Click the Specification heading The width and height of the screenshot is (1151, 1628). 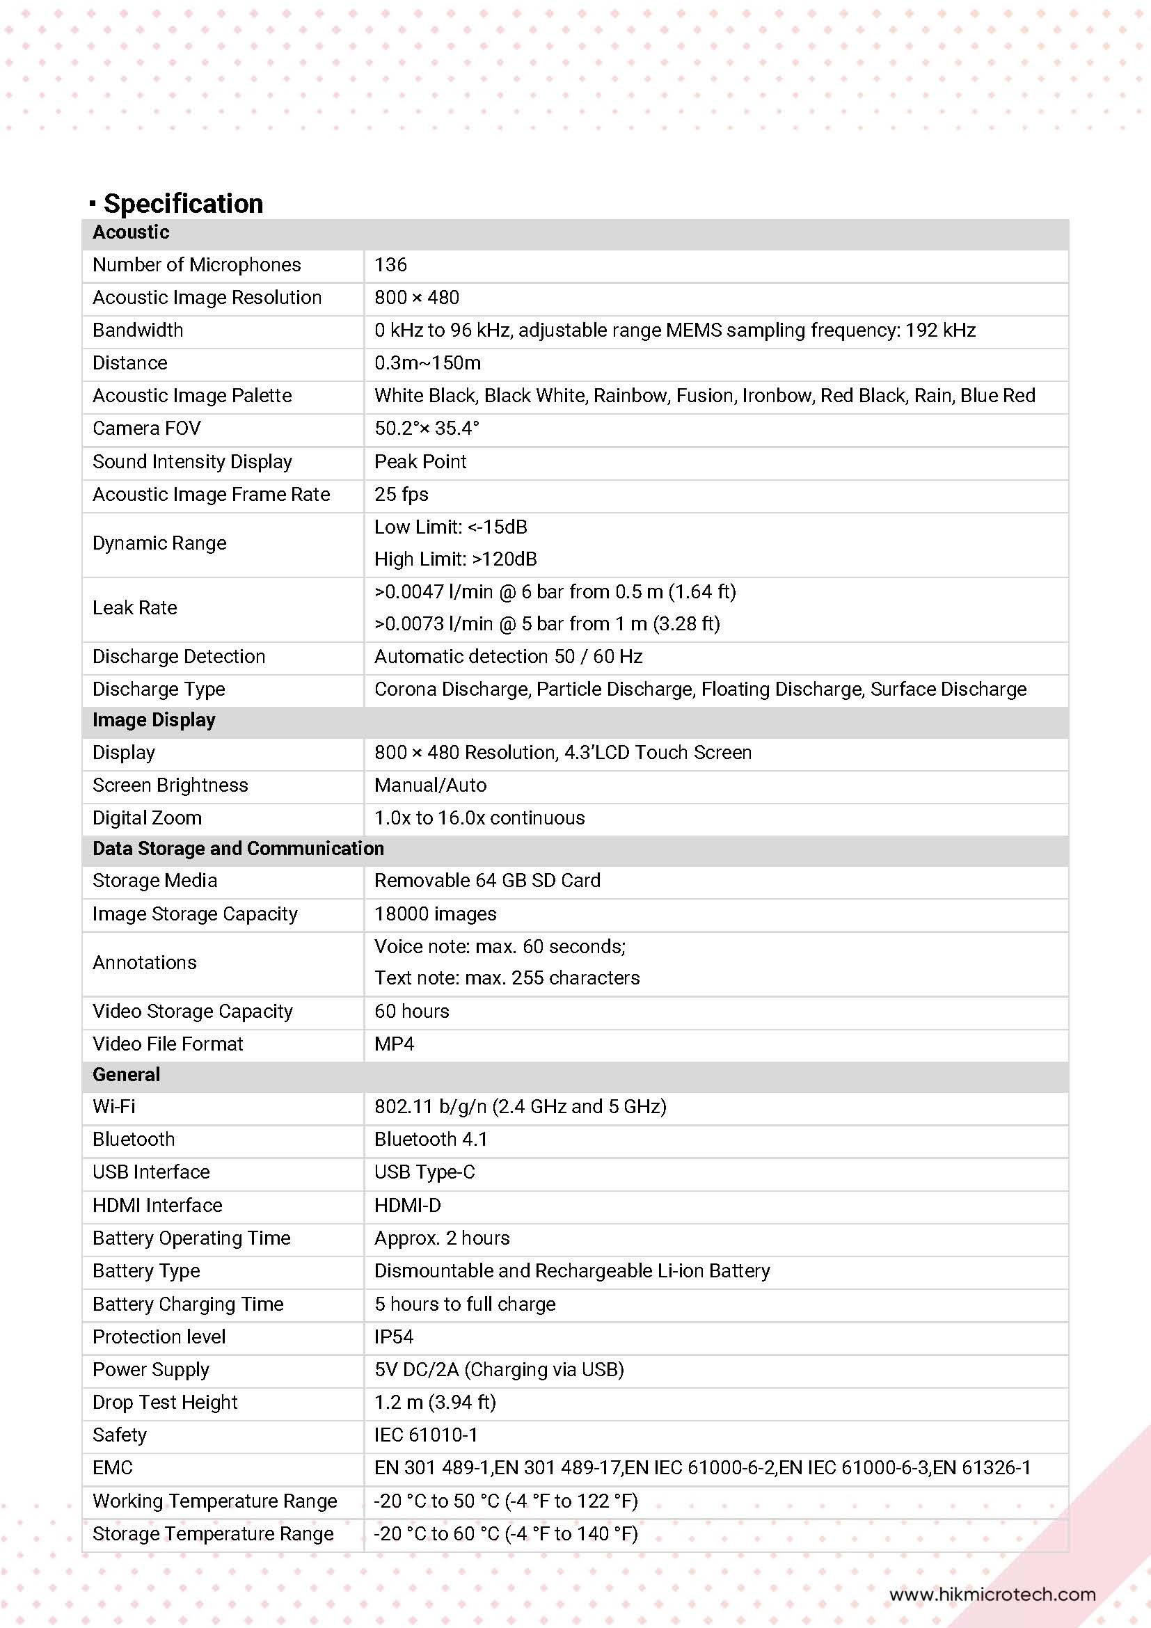[183, 203]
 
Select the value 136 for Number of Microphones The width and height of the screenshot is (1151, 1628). [390, 265]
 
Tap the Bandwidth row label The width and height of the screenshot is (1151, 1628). [138, 330]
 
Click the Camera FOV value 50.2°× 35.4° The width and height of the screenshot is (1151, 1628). [426, 429]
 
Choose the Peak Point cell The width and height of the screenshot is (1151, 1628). [420, 461]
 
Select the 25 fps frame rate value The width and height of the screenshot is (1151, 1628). [401, 494]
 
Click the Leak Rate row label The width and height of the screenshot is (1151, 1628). [135, 607]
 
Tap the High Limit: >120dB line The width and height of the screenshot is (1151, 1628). [455, 559]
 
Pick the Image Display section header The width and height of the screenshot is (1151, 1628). [154, 720]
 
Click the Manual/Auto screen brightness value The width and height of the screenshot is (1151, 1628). [430, 785]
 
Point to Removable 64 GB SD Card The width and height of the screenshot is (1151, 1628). [487, 881]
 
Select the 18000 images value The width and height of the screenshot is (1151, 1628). [435, 914]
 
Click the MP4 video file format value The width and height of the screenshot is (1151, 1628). [394, 1044]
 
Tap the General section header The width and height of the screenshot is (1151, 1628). [126, 1075]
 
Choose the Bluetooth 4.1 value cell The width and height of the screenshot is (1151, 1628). [431, 1140]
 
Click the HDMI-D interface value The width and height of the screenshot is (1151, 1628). [407, 1206]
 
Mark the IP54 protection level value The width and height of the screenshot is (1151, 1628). [394, 1337]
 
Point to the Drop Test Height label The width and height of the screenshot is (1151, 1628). [164, 1403]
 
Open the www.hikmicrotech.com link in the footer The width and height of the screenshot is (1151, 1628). [992, 1595]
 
